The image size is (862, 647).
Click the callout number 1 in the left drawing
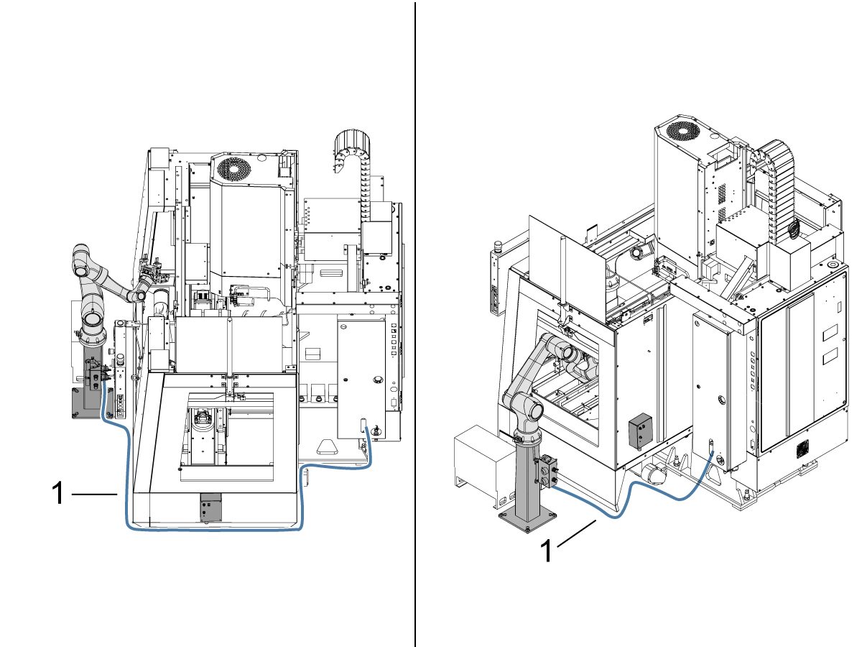[59, 495]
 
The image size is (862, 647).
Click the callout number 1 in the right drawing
[546, 551]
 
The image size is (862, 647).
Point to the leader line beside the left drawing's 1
[94, 495]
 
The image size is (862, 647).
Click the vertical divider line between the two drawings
[415, 323]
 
